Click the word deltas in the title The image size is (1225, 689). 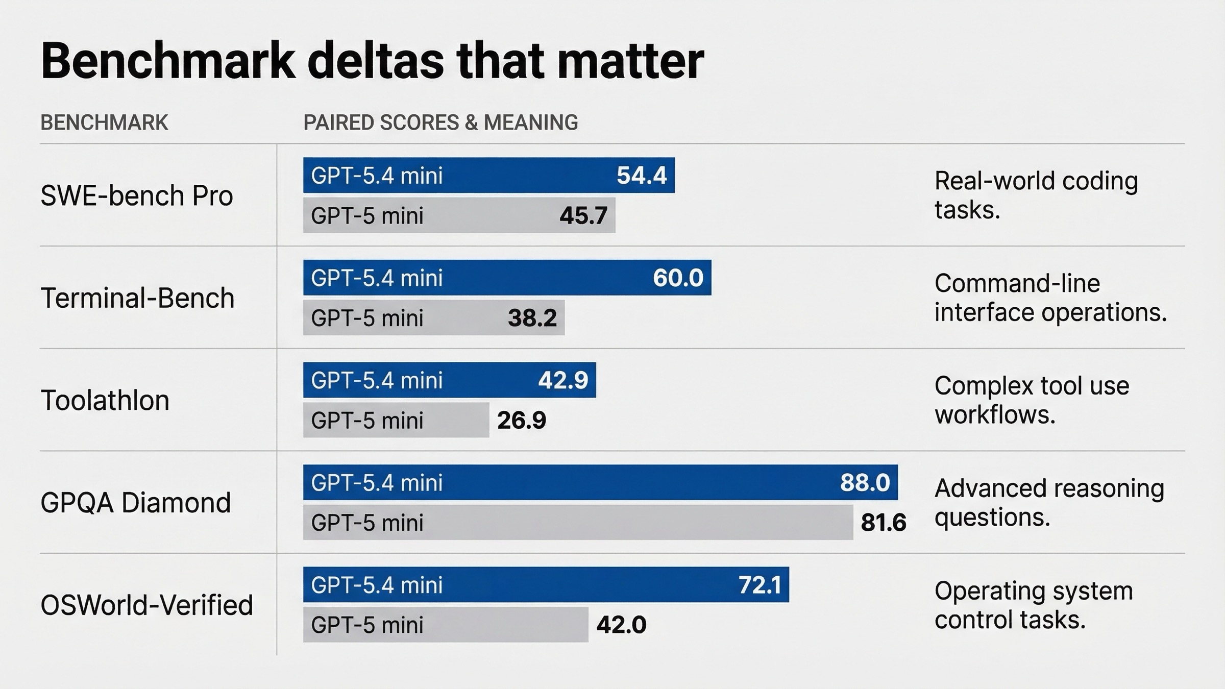point(376,61)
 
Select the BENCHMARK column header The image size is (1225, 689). point(104,122)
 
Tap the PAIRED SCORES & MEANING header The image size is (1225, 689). point(440,122)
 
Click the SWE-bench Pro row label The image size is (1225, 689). point(136,195)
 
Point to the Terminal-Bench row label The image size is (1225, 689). point(137,298)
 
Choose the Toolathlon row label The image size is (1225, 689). point(105,400)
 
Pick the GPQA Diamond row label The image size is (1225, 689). point(135,503)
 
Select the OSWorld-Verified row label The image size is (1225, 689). point(146,605)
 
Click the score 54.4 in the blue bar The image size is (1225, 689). point(641,176)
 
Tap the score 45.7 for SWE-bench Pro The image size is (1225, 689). point(583,215)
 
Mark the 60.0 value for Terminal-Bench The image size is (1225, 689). point(678,278)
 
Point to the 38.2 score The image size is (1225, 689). point(532,318)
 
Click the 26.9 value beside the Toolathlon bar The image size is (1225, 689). point(521,421)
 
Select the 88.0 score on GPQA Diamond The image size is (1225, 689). point(865,483)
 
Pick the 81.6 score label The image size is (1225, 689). point(883,523)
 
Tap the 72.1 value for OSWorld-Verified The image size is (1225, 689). point(759,585)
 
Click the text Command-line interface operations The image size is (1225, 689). point(1050,298)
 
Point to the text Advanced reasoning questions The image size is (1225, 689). point(1049,503)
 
